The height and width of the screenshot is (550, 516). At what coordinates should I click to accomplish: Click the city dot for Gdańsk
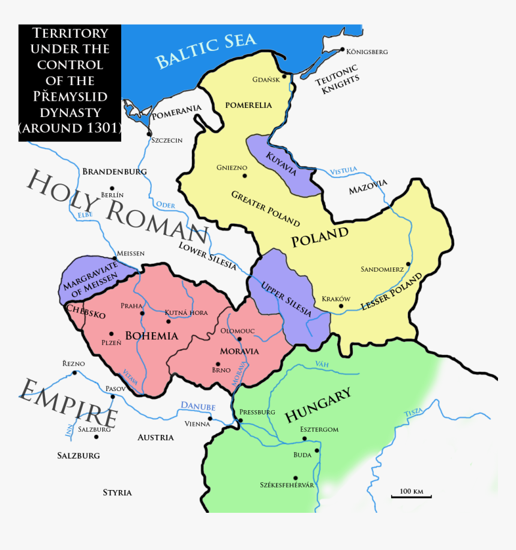coord(284,76)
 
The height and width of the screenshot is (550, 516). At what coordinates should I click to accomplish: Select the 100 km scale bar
coord(411,495)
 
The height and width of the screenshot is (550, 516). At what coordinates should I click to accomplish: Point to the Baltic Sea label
coord(206,50)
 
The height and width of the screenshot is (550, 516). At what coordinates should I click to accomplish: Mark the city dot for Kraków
coord(341,306)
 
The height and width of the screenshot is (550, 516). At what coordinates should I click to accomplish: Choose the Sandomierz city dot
coord(408,263)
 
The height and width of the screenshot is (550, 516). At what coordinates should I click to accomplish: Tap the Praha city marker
coord(142,313)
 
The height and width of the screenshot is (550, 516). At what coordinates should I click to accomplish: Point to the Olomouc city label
coord(238,330)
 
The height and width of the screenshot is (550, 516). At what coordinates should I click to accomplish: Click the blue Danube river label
coord(198,407)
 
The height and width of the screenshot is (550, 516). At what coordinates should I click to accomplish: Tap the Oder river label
coord(165,205)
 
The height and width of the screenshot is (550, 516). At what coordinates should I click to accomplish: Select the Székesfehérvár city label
coord(287,484)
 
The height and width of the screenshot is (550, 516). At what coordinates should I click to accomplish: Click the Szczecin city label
coord(166,140)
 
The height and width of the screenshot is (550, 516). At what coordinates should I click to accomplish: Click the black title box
coord(70,83)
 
